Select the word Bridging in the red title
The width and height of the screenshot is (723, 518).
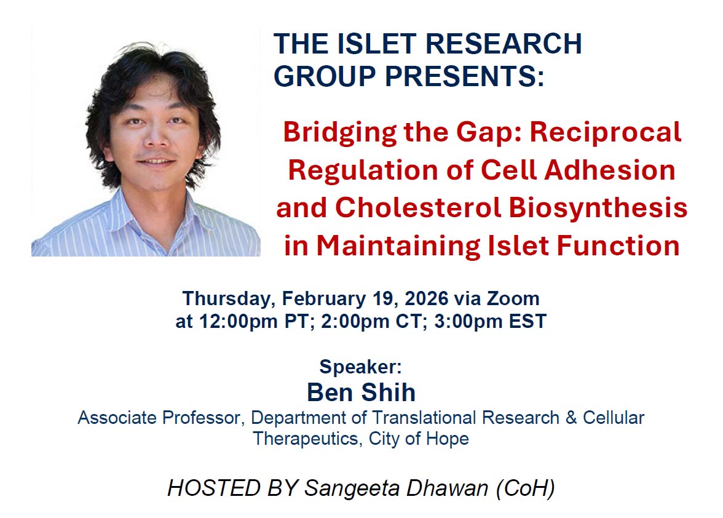click(338, 133)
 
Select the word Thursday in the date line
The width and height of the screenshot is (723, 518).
click(229, 299)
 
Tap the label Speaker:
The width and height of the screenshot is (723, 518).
click(360, 367)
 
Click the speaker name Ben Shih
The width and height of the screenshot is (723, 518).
click(361, 392)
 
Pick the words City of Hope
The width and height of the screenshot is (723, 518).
click(419, 439)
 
